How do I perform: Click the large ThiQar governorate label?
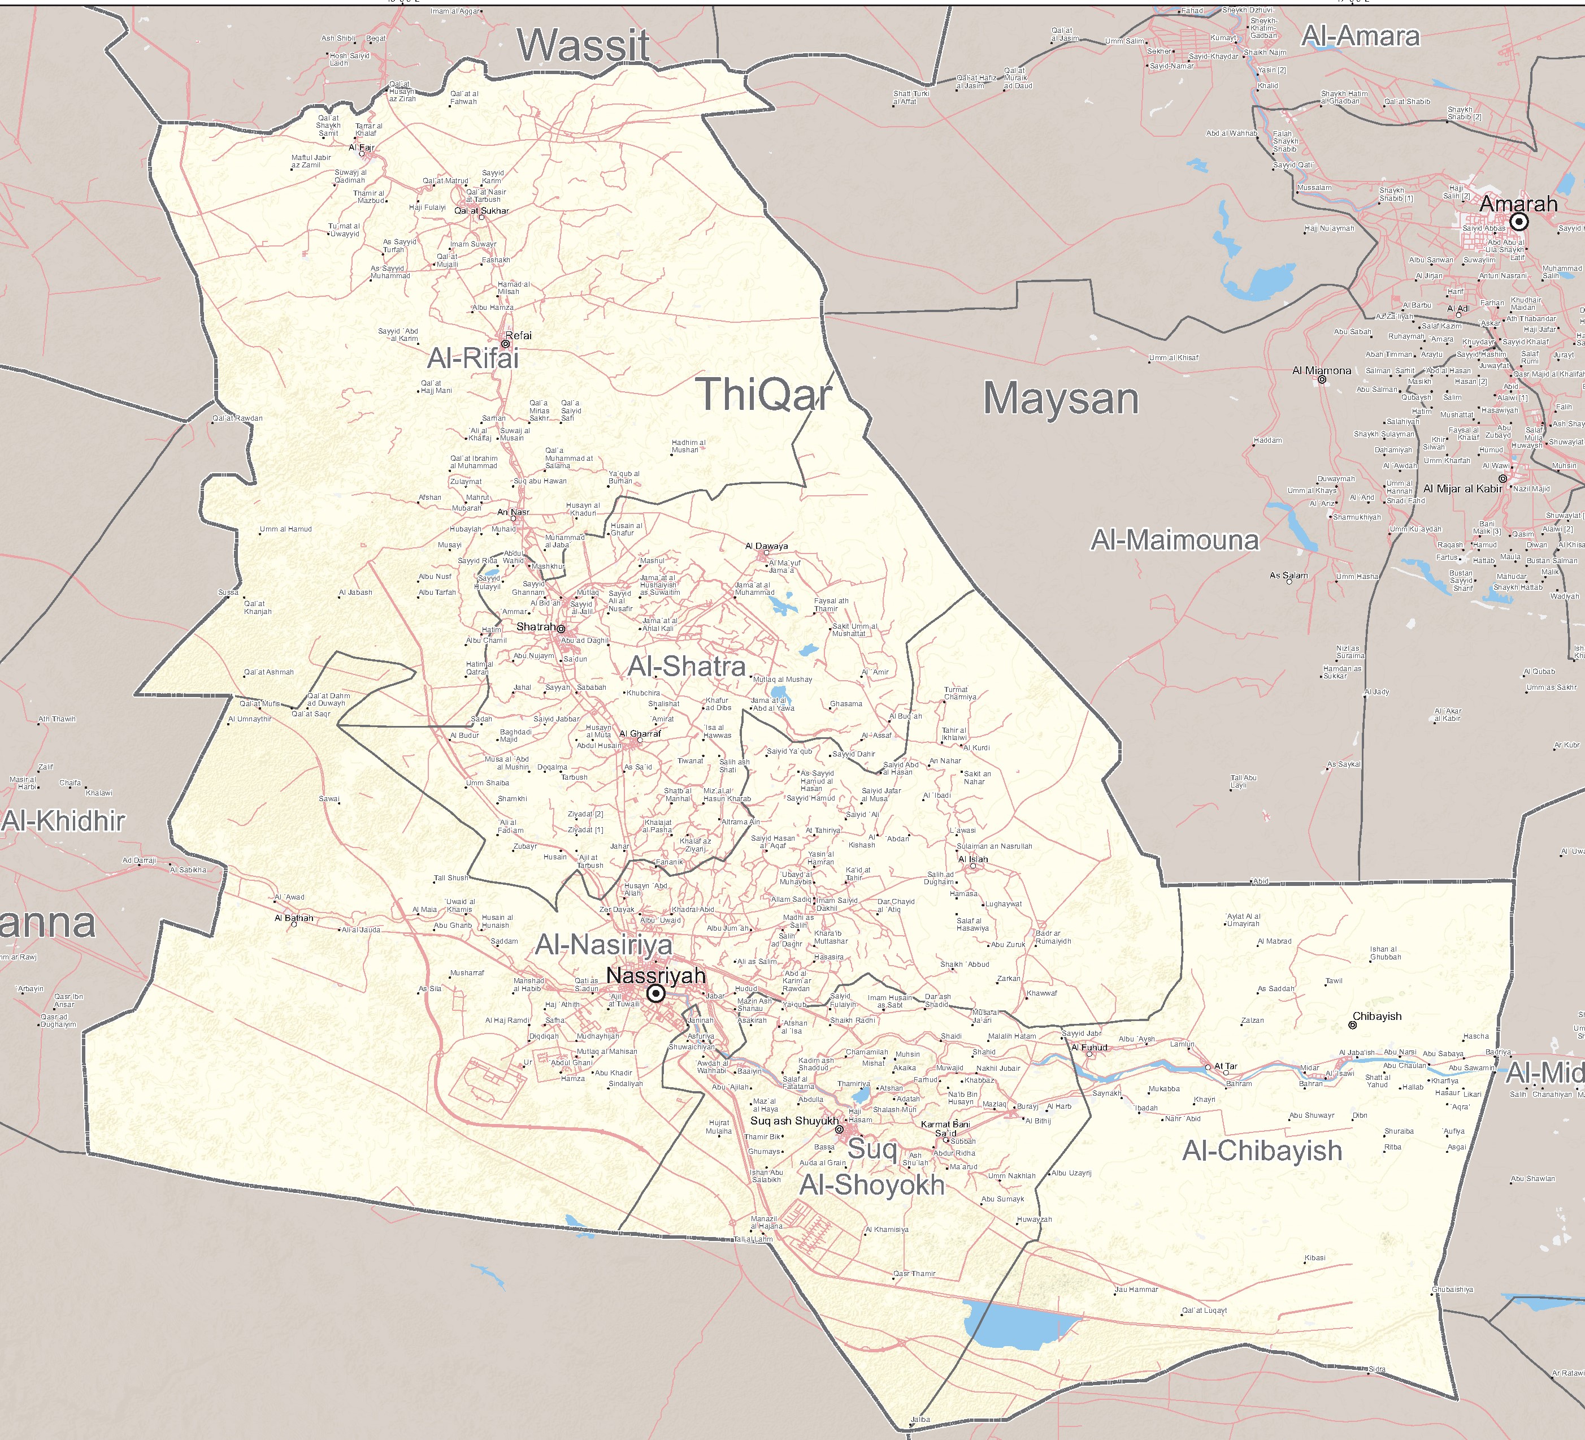[x=763, y=393]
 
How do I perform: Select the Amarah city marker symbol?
[x=1519, y=222]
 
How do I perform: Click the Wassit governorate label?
[x=583, y=46]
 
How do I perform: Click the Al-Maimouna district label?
[x=1175, y=540]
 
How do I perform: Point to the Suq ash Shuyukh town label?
[x=794, y=1121]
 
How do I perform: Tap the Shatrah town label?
[x=536, y=627]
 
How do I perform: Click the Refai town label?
[x=518, y=335]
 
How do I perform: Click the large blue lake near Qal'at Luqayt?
[x=1014, y=1323]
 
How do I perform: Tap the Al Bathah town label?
[x=293, y=918]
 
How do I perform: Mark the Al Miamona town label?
[x=1322, y=370]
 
